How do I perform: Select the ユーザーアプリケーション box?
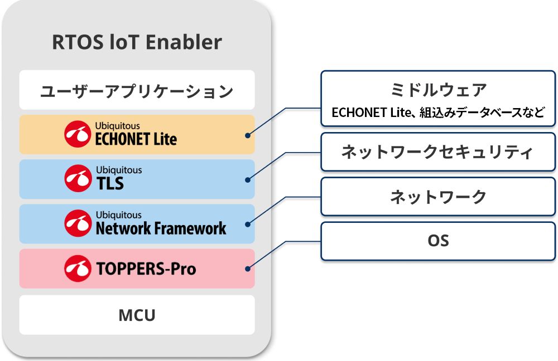click(x=137, y=90)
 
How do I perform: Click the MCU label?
click(x=137, y=315)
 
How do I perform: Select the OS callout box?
click(x=438, y=241)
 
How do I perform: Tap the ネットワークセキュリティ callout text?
click(x=438, y=152)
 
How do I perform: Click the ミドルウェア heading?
click(x=438, y=89)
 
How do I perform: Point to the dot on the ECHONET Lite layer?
click(x=247, y=135)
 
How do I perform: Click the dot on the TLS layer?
click(x=247, y=179)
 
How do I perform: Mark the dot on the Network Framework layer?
click(x=247, y=224)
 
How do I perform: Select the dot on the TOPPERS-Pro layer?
click(x=247, y=269)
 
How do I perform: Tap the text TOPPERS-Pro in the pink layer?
click(x=146, y=269)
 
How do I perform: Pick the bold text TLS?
click(x=109, y=183)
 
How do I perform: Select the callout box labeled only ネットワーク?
click(x=438, y=197)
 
